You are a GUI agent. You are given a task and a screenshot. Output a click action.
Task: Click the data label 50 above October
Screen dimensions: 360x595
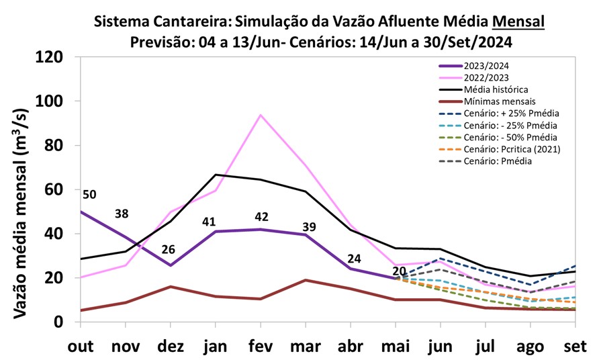click(x=89, y=195)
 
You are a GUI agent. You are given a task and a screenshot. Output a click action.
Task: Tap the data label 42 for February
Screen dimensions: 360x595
click(x=261, y=217)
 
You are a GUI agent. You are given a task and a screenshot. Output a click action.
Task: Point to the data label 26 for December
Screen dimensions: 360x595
click(x=168, y=249)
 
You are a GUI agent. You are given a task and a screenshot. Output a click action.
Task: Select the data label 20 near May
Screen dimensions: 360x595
click(x=400, y=271)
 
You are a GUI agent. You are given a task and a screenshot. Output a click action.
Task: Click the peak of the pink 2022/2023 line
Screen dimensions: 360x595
click(x=260, y=115)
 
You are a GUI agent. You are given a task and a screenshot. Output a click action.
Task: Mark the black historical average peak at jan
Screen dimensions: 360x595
click(x=216, y=175)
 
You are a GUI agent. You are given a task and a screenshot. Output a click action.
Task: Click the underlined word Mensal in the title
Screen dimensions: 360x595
click(x=518, y=21)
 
